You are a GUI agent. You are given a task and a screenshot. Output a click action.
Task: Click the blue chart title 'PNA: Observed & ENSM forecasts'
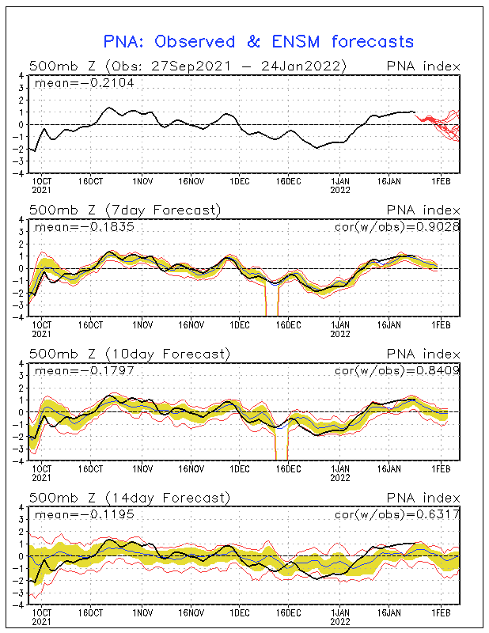pos(259,42)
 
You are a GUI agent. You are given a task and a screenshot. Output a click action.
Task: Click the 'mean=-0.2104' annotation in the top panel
pos(85,83)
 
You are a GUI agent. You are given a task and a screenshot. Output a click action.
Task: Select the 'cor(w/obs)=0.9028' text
pos(397,227)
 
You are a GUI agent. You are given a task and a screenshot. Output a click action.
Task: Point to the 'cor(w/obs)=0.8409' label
pos(397,370)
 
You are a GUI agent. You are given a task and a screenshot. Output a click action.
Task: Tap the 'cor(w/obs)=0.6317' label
pos(397,514)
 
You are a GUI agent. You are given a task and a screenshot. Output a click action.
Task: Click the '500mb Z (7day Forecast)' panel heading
pos(125,210)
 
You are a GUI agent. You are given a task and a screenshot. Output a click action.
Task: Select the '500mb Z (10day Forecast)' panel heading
pos(130,354)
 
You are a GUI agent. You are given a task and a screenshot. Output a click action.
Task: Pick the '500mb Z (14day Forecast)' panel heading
pos(130,498)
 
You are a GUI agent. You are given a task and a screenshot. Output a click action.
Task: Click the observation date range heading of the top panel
pos(188,66)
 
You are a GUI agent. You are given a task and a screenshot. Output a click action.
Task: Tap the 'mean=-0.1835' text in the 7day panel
pos(85,227)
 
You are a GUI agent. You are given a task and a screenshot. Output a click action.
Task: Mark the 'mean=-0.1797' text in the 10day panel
pos(85,370)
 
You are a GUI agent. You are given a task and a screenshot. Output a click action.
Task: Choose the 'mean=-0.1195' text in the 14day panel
pos(85,514)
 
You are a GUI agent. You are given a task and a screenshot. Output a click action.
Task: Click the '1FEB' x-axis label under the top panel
pos(441,181)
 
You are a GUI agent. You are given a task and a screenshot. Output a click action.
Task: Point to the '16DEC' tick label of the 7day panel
pos(288,325)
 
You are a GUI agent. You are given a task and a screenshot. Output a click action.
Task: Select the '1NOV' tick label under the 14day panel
pos(142,612)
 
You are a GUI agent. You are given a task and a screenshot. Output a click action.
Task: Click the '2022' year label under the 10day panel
pos(340,478)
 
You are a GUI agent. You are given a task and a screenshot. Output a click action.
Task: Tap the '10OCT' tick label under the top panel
pos(42,181)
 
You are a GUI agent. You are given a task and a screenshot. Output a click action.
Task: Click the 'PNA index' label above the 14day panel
pos(423,498)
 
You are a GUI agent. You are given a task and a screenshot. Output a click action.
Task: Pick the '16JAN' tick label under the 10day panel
pos(389,468)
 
